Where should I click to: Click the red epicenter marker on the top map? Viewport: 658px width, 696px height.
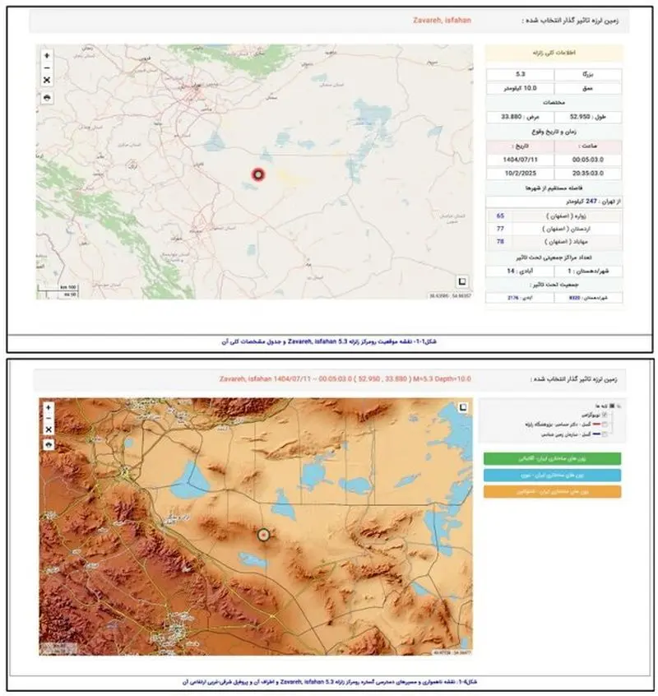click(x=258, y=174)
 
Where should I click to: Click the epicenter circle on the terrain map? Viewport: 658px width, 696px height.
click(x=264, y=534)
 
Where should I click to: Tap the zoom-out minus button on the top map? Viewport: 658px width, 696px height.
click(x=47, y=67)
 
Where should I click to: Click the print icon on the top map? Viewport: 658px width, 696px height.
click(x=47, y=97)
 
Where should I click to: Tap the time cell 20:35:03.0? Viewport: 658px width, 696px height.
click(x=586, y=173)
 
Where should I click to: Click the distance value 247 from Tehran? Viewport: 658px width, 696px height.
click(x=568, y=201)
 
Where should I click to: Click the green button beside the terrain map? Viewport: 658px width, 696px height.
click(x=551, y=459)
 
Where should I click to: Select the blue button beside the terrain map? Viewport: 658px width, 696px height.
click(x=551, y=476)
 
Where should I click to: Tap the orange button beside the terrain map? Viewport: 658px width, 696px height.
click(x=551, y=492)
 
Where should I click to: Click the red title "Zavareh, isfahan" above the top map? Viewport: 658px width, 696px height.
click(x=441, y=20)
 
